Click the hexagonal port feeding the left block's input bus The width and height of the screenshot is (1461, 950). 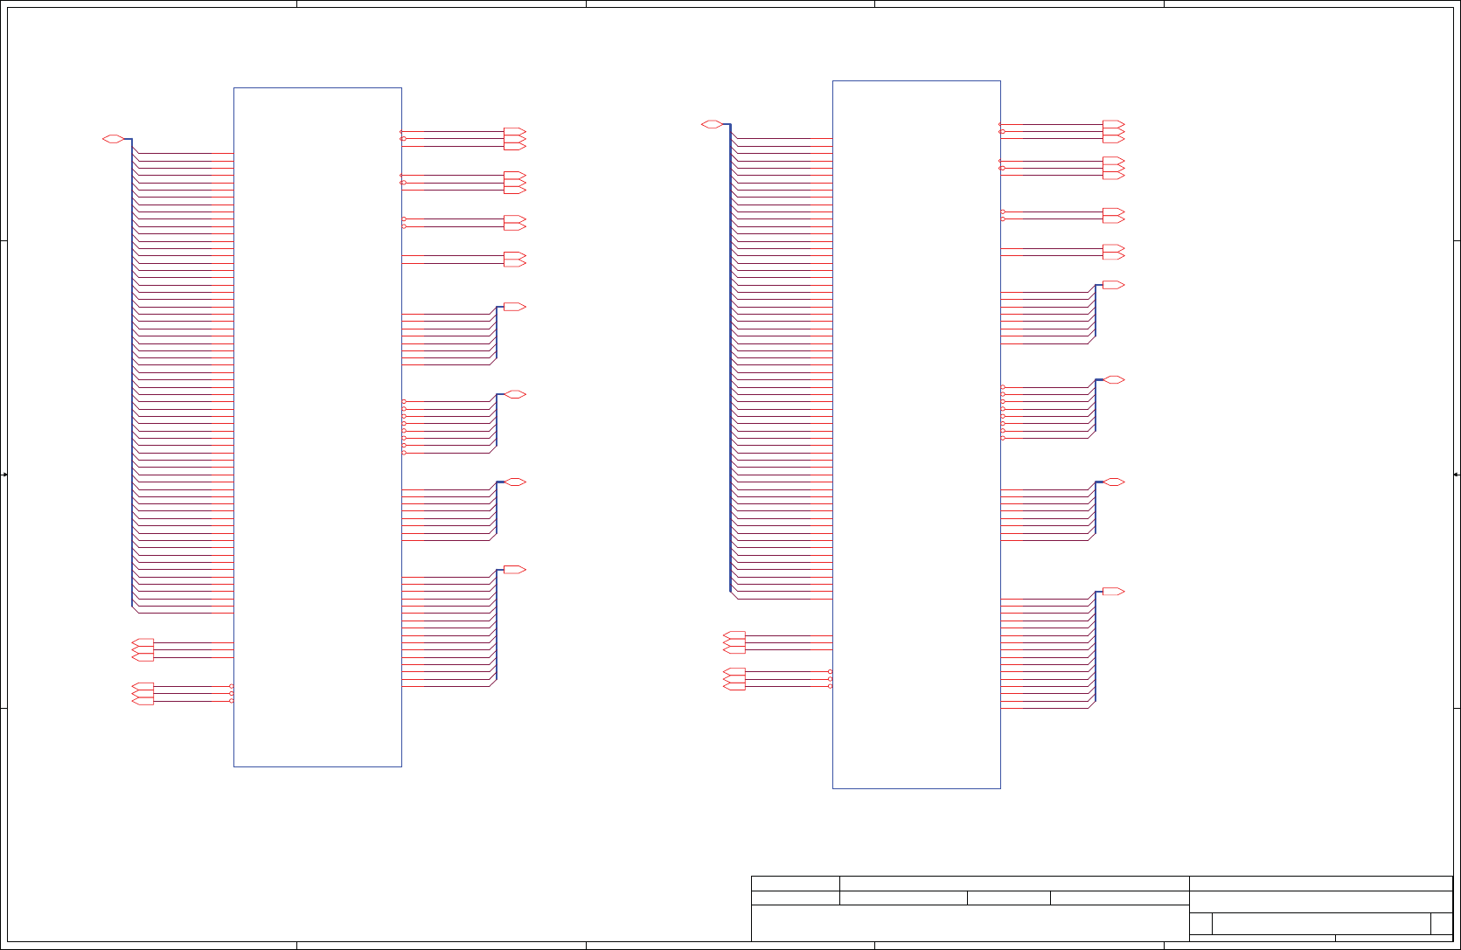point(113,139)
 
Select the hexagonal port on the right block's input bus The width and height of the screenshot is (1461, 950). point(712,124)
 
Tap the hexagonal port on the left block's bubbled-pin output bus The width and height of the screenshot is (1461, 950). point(515,394)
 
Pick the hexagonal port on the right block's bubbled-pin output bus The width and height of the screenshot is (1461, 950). point(1114,380)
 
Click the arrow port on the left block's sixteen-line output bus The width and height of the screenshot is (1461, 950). point(514,570)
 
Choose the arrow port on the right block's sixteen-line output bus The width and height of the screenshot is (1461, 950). point(1113,592)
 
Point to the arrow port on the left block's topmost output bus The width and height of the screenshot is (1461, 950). point(514,307)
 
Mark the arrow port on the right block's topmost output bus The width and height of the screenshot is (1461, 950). point(1113,285)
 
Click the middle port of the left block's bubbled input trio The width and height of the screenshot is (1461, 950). point(143,694)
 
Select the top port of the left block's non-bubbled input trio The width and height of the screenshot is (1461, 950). point(143,642)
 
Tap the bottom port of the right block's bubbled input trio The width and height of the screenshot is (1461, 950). point(734,687)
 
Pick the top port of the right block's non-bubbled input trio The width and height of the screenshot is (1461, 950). point(734,634)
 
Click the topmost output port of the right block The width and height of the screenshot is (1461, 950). point(1113,124)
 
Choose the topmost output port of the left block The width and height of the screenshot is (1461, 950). point(514,132)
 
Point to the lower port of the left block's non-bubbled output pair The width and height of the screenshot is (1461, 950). point(514,263)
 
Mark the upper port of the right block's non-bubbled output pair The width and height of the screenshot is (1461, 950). point(1113,248)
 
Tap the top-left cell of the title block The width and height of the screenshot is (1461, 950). point(796,884)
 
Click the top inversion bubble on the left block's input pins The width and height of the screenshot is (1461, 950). point(232,686)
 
